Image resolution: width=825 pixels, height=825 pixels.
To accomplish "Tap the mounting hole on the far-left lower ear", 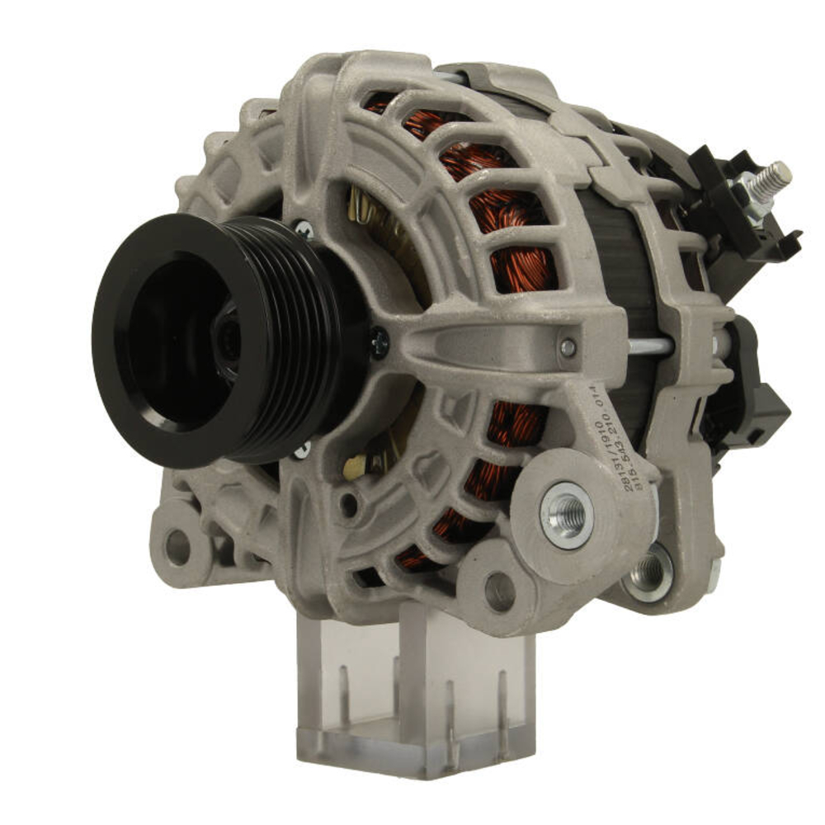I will click(x=177, y=544).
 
